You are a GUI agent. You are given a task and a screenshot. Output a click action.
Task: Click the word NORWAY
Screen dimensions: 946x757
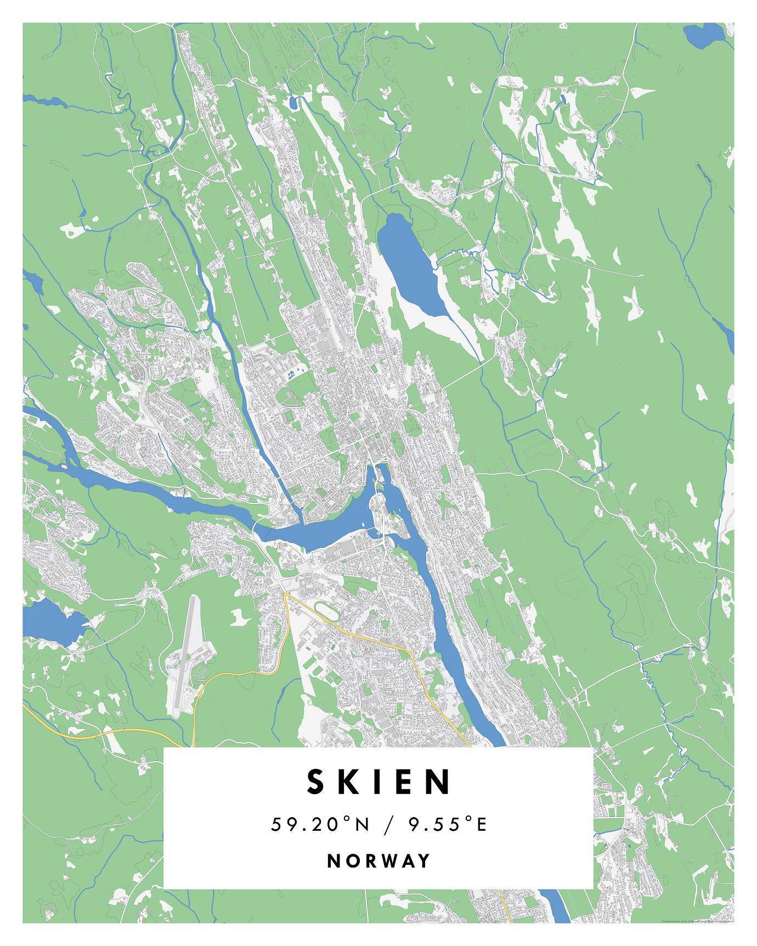[x=378, y=860]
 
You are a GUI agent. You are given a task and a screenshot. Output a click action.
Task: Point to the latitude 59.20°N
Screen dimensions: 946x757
[x=320, y=824]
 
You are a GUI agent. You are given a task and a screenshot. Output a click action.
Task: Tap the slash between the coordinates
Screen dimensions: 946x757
[x=389, y=824]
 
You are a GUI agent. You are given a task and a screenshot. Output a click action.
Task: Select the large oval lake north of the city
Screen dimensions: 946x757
[x=411, y=263]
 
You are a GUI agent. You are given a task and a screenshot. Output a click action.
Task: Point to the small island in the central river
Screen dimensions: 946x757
[x=389, y=516]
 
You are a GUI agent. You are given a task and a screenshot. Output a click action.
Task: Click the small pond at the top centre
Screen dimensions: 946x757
[x=293, y=102]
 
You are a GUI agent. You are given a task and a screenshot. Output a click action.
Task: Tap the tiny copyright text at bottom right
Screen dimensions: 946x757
[x=697, y=921]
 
